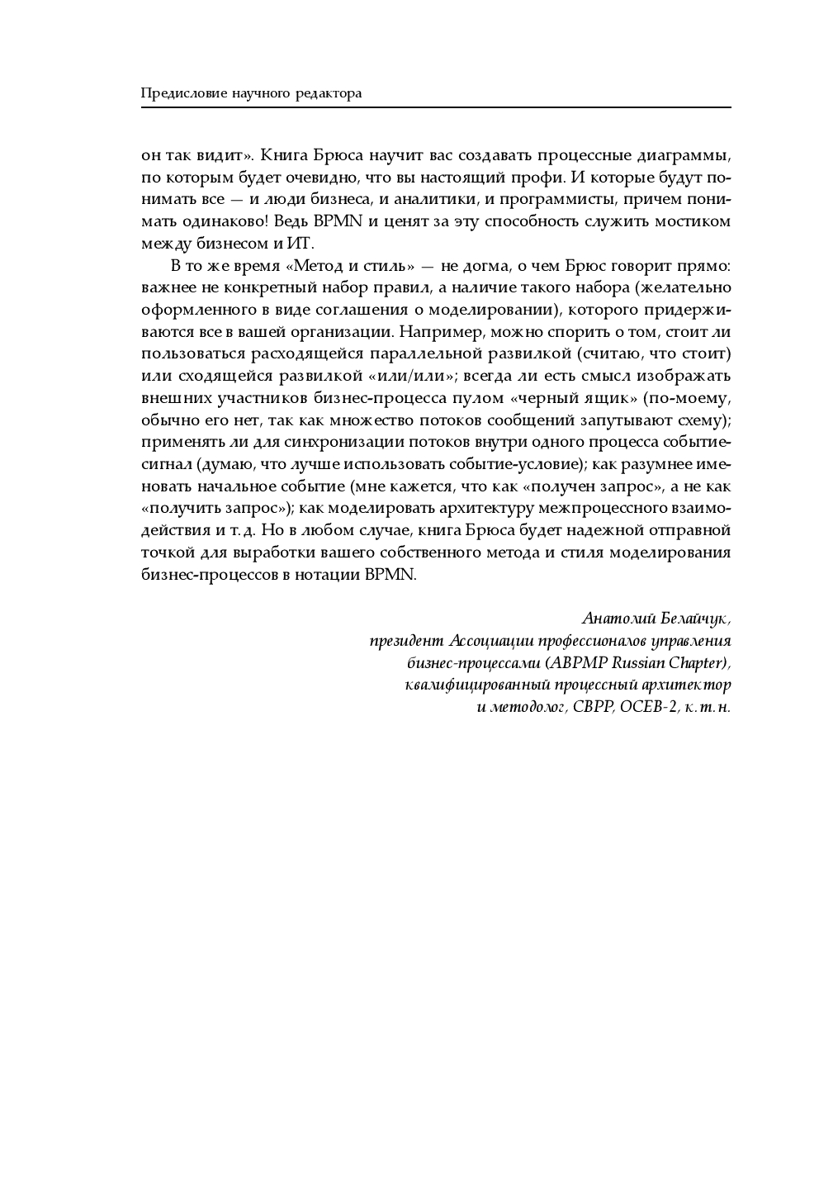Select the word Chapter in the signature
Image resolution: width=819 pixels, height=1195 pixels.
click(699, 663)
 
